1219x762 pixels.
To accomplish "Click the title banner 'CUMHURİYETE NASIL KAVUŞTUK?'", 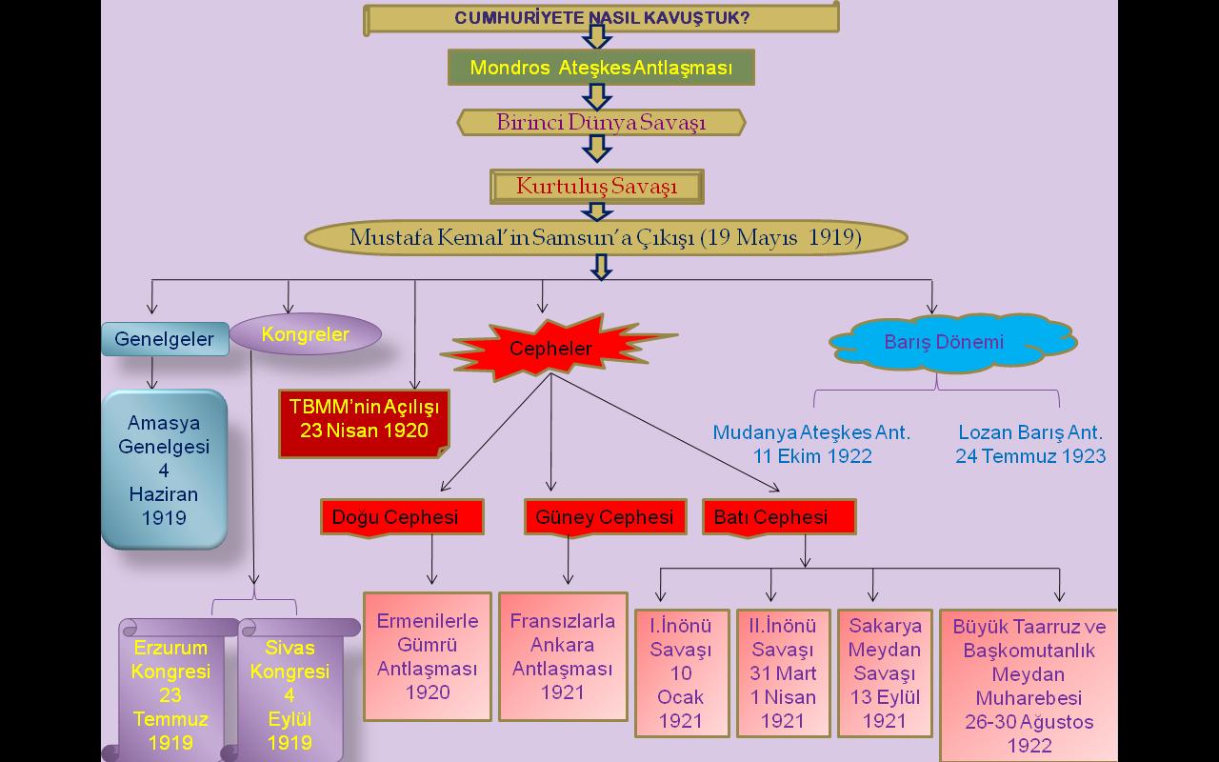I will coord(601,18).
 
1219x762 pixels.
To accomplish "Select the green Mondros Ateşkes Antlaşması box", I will coord(601,68).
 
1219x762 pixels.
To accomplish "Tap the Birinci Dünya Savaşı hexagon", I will coord(601,123).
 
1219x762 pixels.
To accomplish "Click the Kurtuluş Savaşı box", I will coord(597,187).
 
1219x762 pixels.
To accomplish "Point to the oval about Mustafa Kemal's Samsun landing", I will coord(605,238).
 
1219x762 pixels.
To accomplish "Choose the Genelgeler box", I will coord(165,339).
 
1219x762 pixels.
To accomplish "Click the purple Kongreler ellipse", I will coord(306,334).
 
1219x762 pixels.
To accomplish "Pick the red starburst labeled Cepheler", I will coord(551,348).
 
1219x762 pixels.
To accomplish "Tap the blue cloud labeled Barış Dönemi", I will coord(944,343).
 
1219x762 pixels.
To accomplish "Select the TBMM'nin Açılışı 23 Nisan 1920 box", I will coord(364,419).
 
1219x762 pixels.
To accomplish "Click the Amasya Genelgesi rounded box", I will coord(164,470).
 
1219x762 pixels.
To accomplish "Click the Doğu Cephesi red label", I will coord(402,517).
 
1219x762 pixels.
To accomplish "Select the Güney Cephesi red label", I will coord(605,517).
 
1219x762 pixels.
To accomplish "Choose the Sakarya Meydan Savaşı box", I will coord(885,673).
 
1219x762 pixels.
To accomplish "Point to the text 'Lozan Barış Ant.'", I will coord(1030,432).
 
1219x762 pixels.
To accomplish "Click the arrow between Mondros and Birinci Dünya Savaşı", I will coord(597,96).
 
